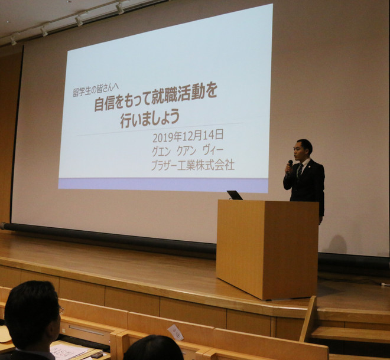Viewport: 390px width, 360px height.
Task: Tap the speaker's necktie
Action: (300, 171)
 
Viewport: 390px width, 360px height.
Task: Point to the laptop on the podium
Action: (235, 195)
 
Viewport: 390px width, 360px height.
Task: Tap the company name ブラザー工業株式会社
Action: (192, 165)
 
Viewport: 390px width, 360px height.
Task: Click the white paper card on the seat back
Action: (175, 332)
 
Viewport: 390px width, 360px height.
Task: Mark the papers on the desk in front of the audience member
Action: (68, 351)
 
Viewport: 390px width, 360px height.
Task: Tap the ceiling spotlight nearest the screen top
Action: (120, 8)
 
